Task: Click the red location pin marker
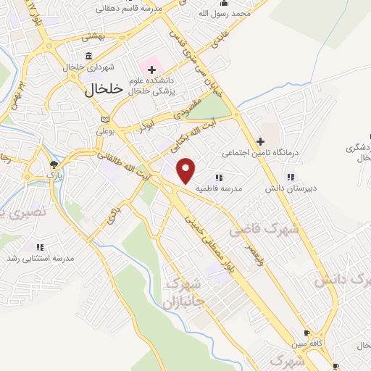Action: coord(186,170)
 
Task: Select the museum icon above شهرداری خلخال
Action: coord(88,57)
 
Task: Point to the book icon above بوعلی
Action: coord(106,120)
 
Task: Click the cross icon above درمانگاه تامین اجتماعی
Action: coord(261,141)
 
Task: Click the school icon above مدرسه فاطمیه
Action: coord(219,177)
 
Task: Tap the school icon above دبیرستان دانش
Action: coord(291,177)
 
